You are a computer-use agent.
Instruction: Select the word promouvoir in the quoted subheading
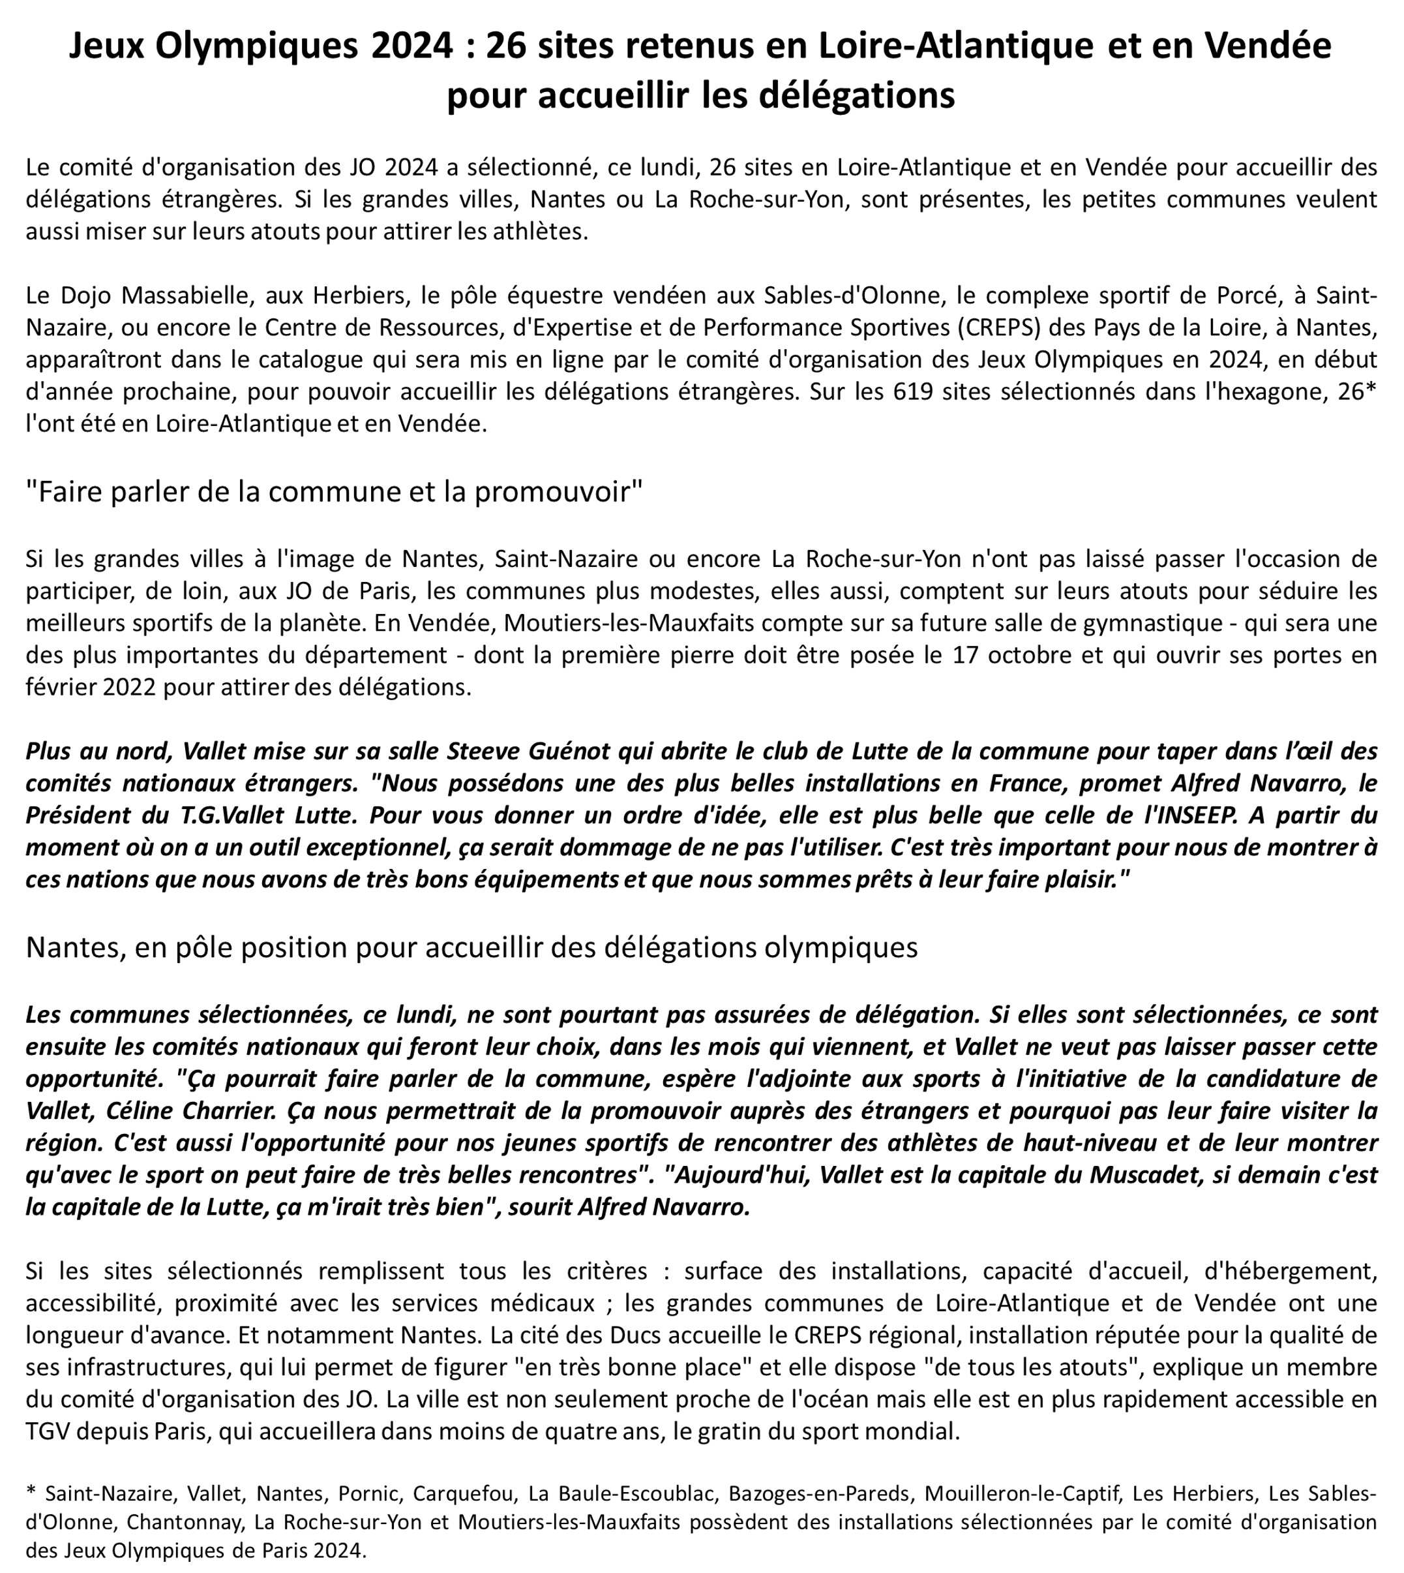558,492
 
